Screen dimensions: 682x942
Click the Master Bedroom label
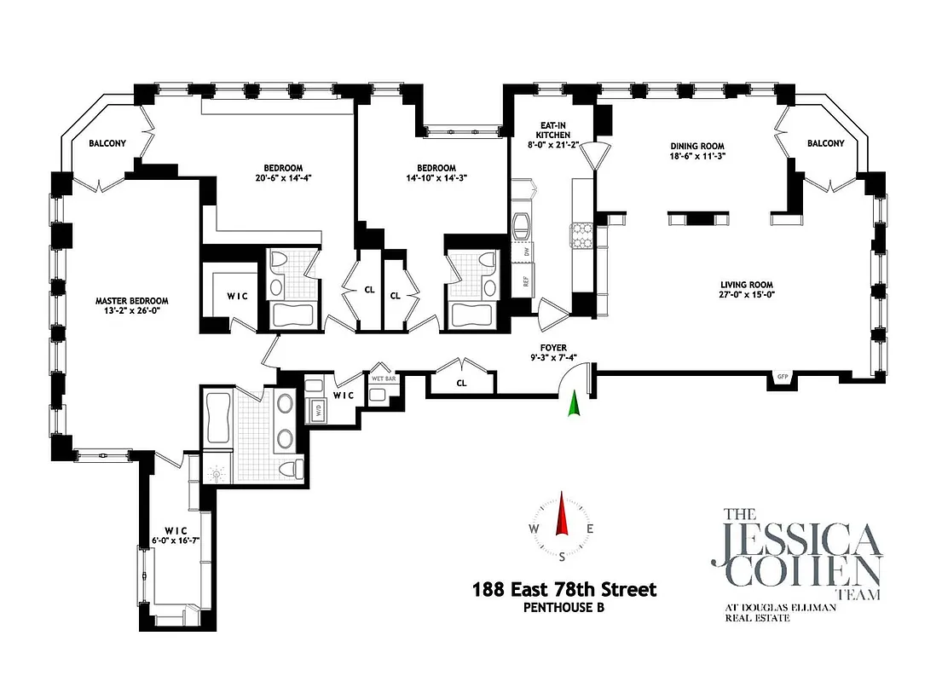[x=131, y=301]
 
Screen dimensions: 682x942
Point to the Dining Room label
[x=696, y=146]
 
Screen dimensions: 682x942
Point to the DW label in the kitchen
[x=527, y=251]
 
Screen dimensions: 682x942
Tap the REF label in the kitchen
[x=526, y=280]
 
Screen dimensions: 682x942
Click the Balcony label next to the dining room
[x=825, y=143]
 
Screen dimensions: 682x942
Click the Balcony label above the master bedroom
[x=107, y=144]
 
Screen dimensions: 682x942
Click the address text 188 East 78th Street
[x=563, y=589]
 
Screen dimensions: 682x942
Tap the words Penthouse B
[x=563, y=608]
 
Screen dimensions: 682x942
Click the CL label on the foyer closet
[x=461, y=384]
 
